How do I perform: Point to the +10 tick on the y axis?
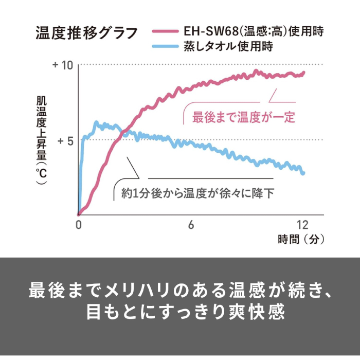pyautogui.click(x=63, y=65)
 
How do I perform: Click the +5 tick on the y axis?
pyautogui.click(x=66, y=140)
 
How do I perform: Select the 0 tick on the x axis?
pyautogui.click(x=78, y=224)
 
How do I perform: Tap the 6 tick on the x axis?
pyautogui.click(x=190, y=224)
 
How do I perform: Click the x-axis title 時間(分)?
pyautogui.click(x=302, y=239)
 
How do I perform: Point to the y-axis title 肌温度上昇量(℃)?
pyautogui.click(x=41, y=140)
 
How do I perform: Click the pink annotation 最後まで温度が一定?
pyautogui.click(x=243, y=117)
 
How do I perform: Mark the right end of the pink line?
pyautogui.click(x=304, y=73)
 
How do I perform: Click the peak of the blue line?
pyautogui.click(x=96, y=122)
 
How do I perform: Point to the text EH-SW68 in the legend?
pyautogui.click(x=203, y=32)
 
